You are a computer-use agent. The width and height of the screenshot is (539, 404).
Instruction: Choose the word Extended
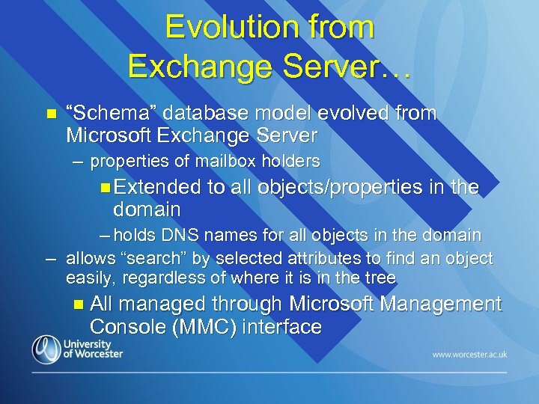[158, 187]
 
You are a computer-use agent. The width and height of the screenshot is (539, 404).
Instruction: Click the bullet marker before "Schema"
[51, 114]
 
